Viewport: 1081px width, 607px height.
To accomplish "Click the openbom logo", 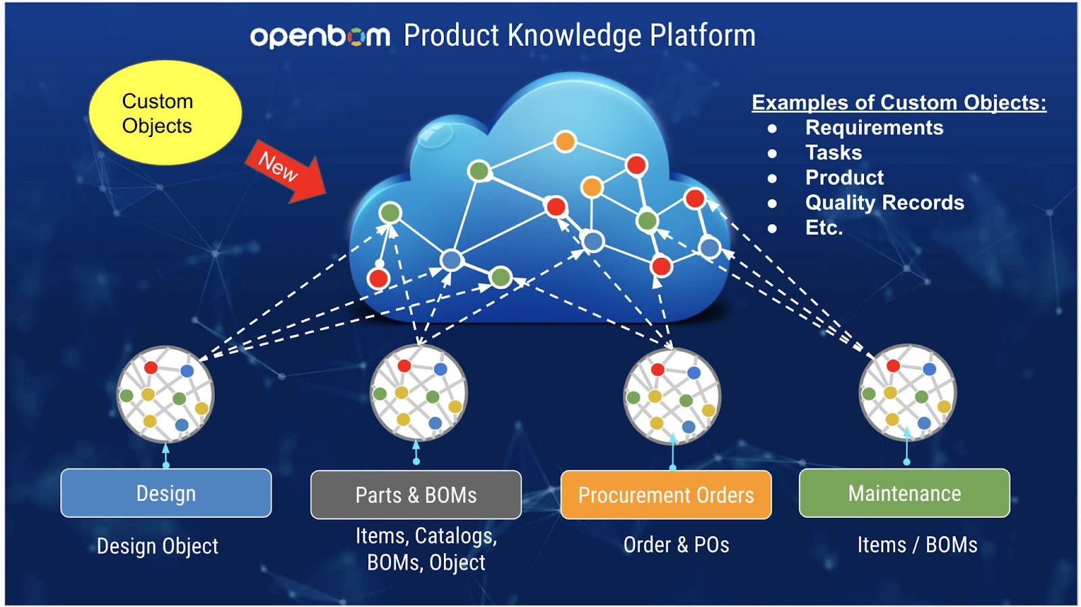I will click(320, 36).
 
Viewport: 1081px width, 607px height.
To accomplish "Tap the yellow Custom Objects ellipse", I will click(165, 113).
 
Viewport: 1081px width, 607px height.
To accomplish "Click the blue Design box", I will click(166, 494).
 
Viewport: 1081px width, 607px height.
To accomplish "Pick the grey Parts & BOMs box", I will click(416, 495).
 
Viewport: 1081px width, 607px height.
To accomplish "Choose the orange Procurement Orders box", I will click(665, 495).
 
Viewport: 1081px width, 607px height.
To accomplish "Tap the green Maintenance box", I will click(904, 494).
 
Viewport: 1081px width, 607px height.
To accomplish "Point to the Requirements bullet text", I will click(874, 128).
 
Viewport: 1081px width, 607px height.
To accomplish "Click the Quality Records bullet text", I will click(884, 203).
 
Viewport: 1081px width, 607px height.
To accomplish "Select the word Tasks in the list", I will click(834, 153).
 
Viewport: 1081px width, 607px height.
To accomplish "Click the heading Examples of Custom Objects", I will click(899, 103).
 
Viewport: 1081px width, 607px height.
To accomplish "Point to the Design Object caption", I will click(157, 546).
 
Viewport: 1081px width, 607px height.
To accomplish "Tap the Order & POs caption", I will click(676, 545).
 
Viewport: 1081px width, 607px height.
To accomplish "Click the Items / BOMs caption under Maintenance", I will click(917, 545).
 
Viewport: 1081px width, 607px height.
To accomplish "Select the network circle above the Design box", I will click(166, 395).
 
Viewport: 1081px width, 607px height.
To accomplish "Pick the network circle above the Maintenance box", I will click(907, 392).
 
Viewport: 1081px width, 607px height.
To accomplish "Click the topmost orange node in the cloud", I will click(565, 142).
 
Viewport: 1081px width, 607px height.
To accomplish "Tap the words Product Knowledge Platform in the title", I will click(579, 36).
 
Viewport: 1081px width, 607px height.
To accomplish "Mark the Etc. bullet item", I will click(824, 228).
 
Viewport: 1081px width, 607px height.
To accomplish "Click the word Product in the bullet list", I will click(844, 178).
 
